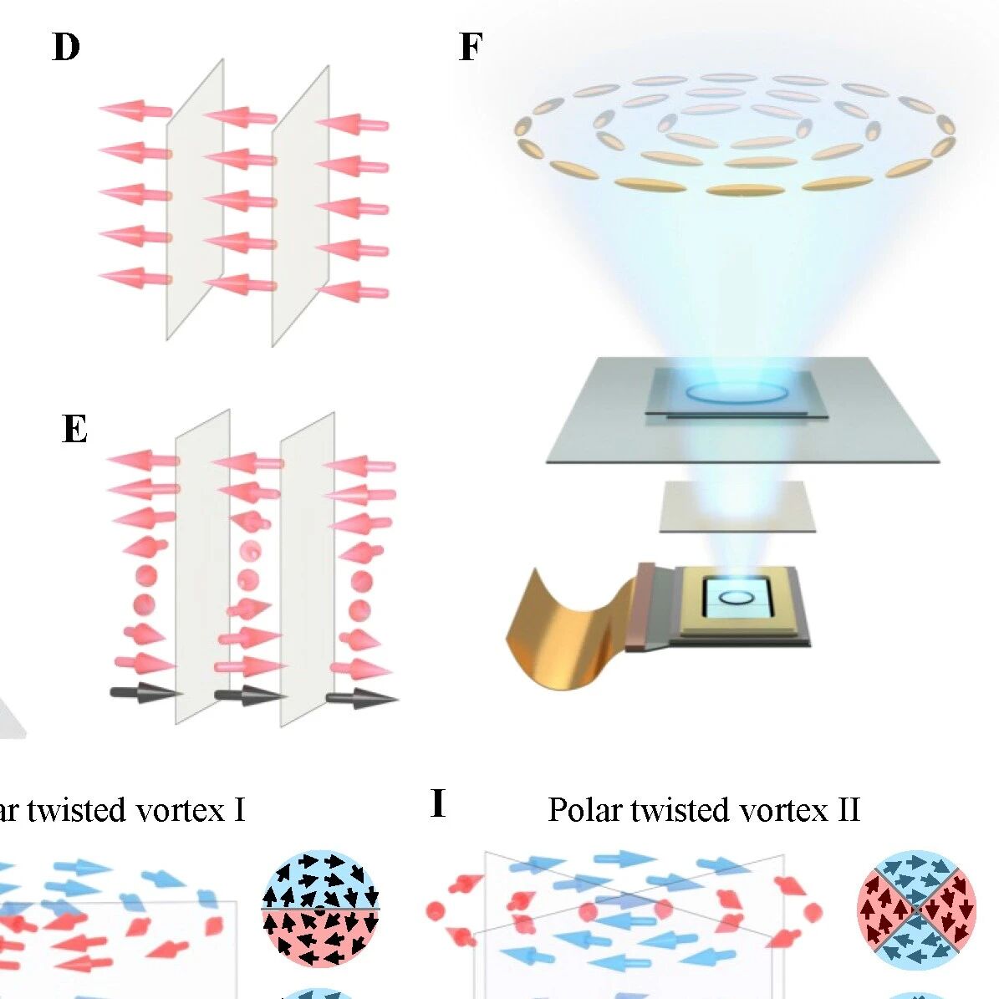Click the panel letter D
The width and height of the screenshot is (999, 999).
tap(65, 47)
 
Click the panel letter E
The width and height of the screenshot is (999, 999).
tap(74, 428)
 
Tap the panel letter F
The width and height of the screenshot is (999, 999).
tap(471, 47)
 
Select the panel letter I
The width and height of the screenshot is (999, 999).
tap(438, 803)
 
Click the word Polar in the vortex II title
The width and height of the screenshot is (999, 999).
tap(585, 810)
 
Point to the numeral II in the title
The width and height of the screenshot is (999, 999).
tap(848, 810)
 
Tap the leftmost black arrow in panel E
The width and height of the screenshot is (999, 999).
tap(146, 692)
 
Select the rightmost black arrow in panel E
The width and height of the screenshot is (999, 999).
tap(363, 698)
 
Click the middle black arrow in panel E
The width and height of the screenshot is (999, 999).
tap(251, 695)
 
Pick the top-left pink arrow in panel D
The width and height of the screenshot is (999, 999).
tap(135, 110)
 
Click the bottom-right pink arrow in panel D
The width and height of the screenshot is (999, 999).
tap(352, 291)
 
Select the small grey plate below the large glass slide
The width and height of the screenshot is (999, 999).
tap(737, 507)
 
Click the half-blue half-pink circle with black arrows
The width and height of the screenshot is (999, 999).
tap(320, 909)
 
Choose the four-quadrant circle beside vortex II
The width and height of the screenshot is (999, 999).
tap(916, 910)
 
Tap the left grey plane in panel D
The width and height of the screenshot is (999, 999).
tap(195, 200)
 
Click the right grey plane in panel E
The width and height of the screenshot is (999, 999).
tap(307, 569)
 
